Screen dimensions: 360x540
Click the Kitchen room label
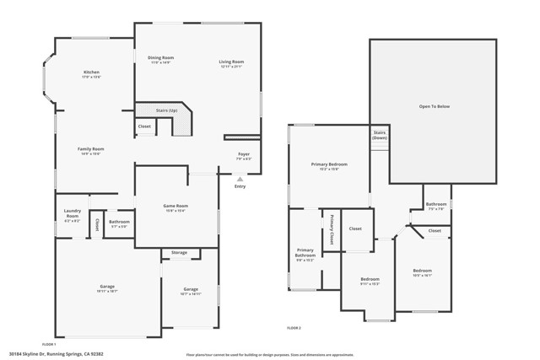[91, 73]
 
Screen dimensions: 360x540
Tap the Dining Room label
[160, 59]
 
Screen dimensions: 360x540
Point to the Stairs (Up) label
[167, 110]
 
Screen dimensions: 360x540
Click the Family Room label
[91, 151]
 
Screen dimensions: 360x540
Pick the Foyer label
[243, 156]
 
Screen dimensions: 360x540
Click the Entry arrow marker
[240, 180]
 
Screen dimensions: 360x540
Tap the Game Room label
[175, 208]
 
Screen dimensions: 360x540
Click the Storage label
[179, 252]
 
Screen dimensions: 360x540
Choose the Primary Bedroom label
[329, 166]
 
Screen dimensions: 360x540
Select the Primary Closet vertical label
[332, 230]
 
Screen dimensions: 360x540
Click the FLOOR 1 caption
[49, 344]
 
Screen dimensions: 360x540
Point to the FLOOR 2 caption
[294, 326]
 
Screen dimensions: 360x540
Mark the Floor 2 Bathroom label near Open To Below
[436, 206]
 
